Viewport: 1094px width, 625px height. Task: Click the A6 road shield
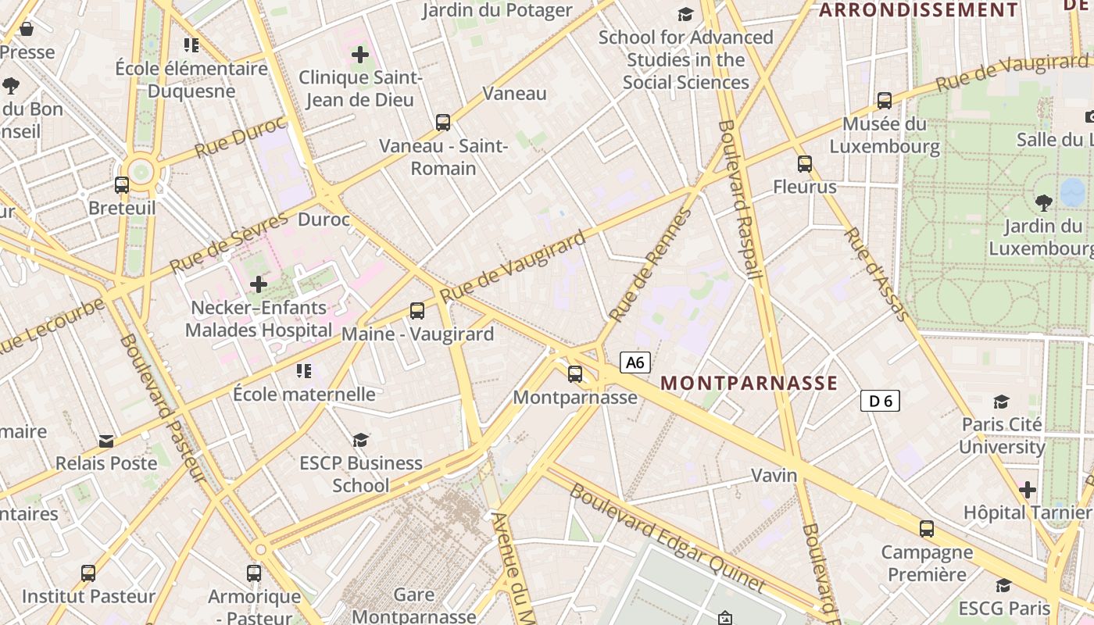coord(635,362)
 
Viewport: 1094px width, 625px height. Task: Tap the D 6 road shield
coord(880,401)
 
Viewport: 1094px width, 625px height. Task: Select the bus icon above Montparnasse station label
coord(575,374)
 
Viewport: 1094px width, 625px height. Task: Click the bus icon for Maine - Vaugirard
coord(417,311)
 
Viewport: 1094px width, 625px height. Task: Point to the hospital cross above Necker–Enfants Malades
coord(259,284)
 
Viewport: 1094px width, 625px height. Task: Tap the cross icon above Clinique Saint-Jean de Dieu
coord(360,55)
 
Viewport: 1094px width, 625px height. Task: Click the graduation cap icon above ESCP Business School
coord(360,440)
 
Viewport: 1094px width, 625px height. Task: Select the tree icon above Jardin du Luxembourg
coord(1043,203)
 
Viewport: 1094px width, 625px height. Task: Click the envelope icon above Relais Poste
coord(106,441)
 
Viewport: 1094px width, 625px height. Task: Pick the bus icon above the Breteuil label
coord(122,185)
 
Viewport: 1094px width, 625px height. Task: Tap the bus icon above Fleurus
coord(805,164)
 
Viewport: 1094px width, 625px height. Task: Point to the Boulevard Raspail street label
coord(739,199)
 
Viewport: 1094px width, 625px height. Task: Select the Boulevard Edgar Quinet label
coord(667,537)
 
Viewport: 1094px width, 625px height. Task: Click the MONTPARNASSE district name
coord(749,383)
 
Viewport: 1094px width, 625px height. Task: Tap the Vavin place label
coord(774,475)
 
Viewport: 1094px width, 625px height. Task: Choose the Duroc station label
coord(324,220)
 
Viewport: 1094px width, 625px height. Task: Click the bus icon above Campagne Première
coord(927,529)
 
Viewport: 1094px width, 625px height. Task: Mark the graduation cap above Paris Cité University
coord(1001,402)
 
